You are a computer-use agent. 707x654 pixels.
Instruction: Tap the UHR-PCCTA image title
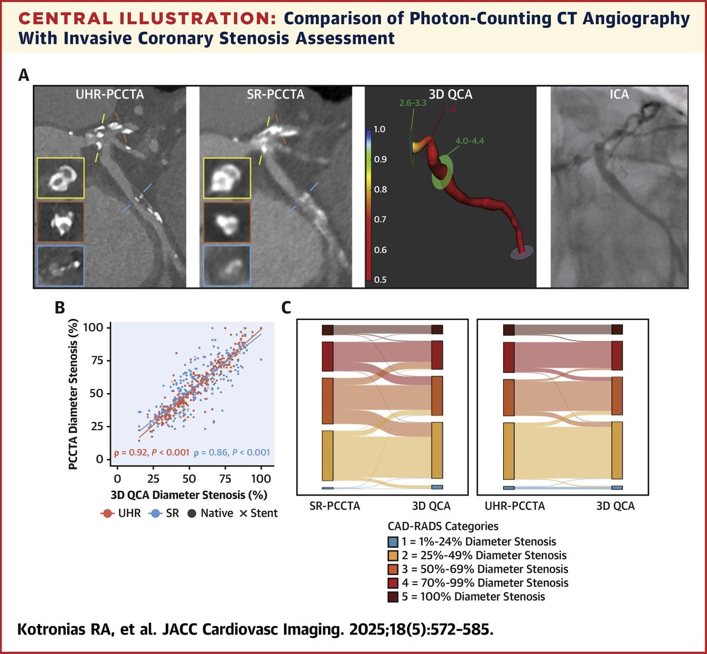pyautogui.click(x=110, y=94)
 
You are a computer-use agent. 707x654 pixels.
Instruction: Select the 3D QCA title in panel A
pyautogui.click(x=451, y=94)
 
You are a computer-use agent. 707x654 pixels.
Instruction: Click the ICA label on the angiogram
pyautogui.click(x=619, y=94)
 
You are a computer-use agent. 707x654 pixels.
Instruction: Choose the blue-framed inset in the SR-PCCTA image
pyautogui.click(x=227, y=265)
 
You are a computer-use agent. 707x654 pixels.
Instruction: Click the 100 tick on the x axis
pyautogui.click(x=261, y=478)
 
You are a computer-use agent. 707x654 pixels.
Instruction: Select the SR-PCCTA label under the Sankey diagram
pyautogui.click(x=335, y=506)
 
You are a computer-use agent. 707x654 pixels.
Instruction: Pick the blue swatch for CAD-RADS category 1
pyautogui.click(x=392, y=541)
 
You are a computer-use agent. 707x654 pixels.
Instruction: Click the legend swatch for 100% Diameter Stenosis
pyautogui.click(x=392, y=596)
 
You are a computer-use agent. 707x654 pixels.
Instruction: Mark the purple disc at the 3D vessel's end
pyautogui.click(x=522, y=252)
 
